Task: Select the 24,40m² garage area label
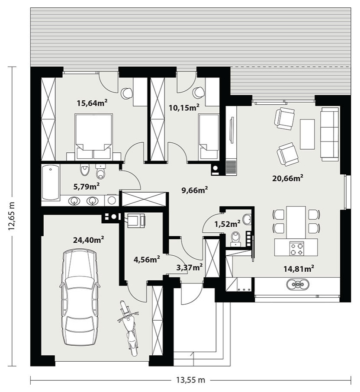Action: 89,240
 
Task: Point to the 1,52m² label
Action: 228,224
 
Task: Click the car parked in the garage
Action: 80,297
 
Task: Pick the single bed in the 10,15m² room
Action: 209,137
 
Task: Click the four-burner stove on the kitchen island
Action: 297,248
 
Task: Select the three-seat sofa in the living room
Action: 330,134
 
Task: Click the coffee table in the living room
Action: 307,134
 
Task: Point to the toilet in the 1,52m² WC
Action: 235,238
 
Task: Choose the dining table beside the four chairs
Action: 296,222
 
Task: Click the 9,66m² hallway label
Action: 195,190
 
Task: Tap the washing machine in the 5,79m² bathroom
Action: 112,200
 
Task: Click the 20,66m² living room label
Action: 288,178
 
